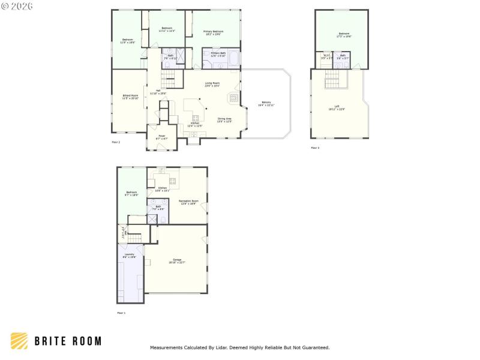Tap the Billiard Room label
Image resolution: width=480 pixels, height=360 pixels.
pos(131,97)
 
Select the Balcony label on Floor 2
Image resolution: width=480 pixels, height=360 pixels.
pos(265,104)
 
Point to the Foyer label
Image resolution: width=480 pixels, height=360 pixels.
pos(162,137)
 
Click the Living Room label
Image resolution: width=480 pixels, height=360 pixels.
pos(212,84)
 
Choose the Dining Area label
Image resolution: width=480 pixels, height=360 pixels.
pos(225,119)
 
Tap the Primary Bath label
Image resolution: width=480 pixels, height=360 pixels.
pos(218,54)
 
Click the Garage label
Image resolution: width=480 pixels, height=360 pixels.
pos(177,260)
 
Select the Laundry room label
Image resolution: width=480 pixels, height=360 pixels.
pos(130,255)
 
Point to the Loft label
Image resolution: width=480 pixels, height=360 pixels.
pos(337,109)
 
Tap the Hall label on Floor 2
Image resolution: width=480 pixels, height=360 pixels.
pos(158,92)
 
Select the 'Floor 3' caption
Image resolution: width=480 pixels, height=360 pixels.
pos(315,148)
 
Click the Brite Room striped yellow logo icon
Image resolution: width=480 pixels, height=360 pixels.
pos(19,341)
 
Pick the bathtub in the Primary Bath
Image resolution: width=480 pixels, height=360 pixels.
pos(233,59)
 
